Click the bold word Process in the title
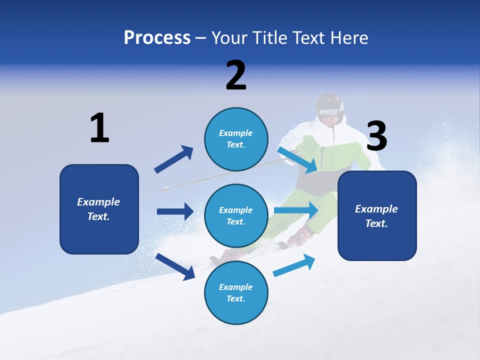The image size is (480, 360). point(157,38)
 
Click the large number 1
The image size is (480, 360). point(99,128)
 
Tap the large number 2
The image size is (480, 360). point(236,75)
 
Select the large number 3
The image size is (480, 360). point(376,136)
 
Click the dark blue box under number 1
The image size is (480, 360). point(99,209)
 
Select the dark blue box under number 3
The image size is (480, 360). point(377,216)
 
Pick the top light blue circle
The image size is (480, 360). point(236,139)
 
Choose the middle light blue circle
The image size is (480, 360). point(236,215)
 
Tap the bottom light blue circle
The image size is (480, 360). point(236,292)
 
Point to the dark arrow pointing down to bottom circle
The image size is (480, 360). point(175,266)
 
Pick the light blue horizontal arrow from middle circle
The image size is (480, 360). point(296,210)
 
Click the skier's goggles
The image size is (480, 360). point(328,112)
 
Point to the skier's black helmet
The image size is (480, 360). point(330,101)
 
